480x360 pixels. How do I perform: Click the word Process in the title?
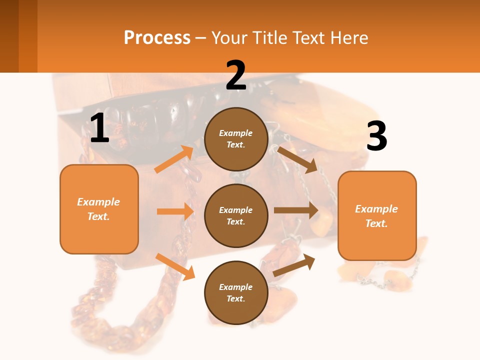coord(157,38)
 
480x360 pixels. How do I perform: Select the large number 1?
coord(99,128)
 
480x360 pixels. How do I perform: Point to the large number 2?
coord(236,75)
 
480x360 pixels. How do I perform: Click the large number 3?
coord(376,136)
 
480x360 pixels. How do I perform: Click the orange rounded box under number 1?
coord(99,209)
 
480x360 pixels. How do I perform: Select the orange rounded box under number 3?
coord(377,216)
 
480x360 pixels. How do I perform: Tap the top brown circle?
coord(236,139)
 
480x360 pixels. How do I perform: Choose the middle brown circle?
coord(236,215)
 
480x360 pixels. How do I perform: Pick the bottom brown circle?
coord(236,292)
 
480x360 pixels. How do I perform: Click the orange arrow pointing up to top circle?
coord(174,159)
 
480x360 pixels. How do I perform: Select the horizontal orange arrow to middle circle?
coord(175,211)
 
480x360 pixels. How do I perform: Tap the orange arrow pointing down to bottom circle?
coord(175,266)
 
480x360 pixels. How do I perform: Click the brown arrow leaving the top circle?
coord(298,159)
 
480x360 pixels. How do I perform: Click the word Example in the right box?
coord(376,209)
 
